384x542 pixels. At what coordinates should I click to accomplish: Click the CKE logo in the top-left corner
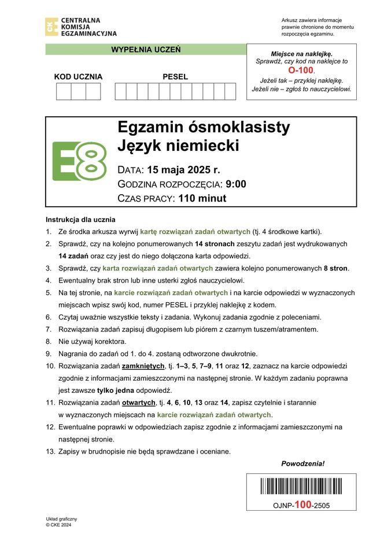pos(51,27)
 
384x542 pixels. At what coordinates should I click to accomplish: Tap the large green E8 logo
pos(79,161)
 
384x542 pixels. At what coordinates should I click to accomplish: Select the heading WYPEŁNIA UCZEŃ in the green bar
pos(146,50)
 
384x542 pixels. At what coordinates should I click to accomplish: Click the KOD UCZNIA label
pos(78,76)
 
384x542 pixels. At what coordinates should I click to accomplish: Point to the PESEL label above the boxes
pos(175,76)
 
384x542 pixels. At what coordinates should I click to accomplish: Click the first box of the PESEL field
pos(120,91)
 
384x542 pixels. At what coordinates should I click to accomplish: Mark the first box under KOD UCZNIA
pos(63,91)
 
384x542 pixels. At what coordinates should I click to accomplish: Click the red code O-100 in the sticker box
pos(301,70)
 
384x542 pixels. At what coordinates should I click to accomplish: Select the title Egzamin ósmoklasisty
pos(204,127)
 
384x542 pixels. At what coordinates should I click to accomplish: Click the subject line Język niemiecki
pos(178,146)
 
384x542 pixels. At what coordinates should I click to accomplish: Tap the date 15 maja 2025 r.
pos(183,170)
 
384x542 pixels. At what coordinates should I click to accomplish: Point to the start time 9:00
pos(236,184)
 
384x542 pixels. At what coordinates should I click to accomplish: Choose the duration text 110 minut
pos(202,198)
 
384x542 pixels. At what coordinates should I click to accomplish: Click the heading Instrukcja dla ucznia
pos(80,220)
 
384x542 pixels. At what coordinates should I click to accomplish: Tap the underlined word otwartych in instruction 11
pos(139,403)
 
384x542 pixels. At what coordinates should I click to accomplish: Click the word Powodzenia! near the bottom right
pos(302,463)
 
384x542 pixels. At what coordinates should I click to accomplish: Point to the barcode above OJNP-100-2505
pos(301,487)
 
